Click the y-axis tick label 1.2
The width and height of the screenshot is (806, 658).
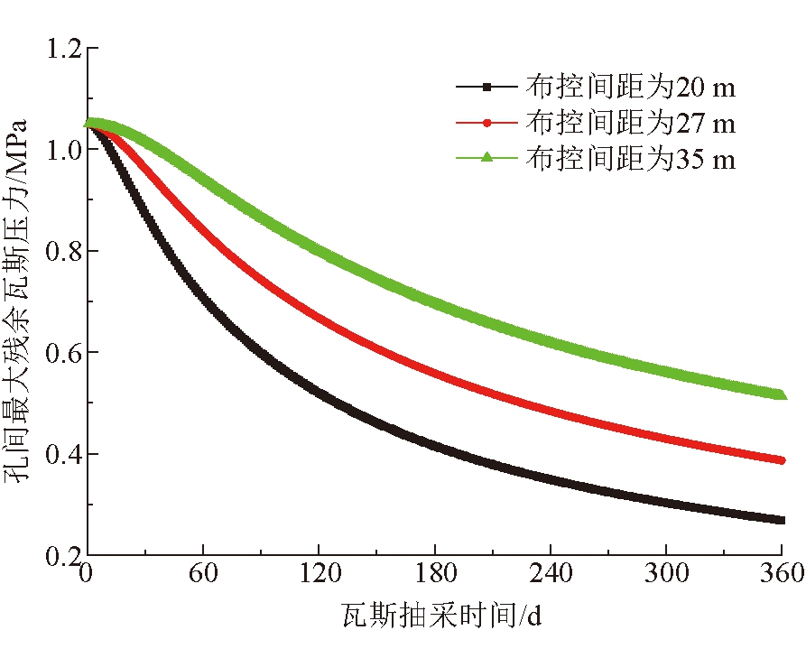coord(63,48)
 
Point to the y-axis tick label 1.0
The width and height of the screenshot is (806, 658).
coord(63,149)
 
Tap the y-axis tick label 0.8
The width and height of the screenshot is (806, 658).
coord(63,251)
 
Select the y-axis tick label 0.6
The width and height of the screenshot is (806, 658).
coord(63,352)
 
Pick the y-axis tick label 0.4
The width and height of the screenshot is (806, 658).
coord(63,453)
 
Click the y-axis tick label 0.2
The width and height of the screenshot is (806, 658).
coord(63,555)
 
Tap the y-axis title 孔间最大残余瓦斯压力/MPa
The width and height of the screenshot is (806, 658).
coord(23,302)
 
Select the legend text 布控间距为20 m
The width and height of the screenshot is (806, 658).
coord(630,88)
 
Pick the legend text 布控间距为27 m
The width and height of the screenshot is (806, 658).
coord(630,123)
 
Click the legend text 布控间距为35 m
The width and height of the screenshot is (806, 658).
coord(630,159)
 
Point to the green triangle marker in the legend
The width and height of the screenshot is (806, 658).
coord(486,158)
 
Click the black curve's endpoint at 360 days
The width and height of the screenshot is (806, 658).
coord(780,520)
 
